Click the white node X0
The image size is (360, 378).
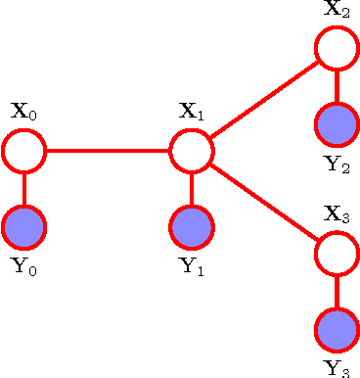pos(24,151)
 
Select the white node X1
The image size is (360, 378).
pos(192,151)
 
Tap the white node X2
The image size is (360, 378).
pos(337,48)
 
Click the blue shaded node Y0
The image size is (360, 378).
pos(24,227)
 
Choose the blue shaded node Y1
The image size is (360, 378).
pos(192,227)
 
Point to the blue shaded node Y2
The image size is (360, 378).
pos(337,124)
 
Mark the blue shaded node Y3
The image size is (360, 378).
pos(337,330)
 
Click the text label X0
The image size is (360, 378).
pos(24,111)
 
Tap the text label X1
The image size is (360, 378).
pos(192,111)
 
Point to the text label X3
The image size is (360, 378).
pos(337,214)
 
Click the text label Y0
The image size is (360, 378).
pos(24,266)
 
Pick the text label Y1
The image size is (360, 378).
pos(192,266)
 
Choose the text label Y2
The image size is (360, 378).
pos(337,163)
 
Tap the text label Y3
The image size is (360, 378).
pos(337,368)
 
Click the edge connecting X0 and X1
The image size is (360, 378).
pos(108,151)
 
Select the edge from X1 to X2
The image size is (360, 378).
pos(264,100)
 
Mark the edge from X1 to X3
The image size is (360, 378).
pos(264,202)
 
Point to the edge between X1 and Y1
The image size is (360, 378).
pos(192,189)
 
